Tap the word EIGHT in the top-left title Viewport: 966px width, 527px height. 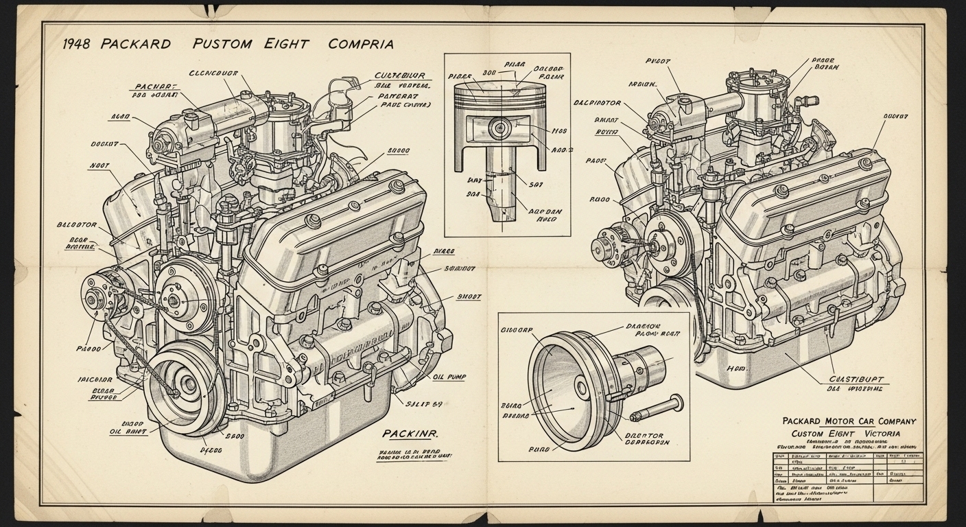287,44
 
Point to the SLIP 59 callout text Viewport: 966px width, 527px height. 429,404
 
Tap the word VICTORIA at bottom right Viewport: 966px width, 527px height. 879,434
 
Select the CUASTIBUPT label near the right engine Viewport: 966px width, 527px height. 857,378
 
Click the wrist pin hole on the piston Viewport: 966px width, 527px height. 499,126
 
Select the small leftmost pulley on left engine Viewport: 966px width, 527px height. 95,299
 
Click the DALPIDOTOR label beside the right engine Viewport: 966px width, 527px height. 597,104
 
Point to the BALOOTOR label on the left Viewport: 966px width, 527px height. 78,225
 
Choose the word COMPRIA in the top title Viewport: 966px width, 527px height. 361,44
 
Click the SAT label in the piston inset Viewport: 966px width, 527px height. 537,183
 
